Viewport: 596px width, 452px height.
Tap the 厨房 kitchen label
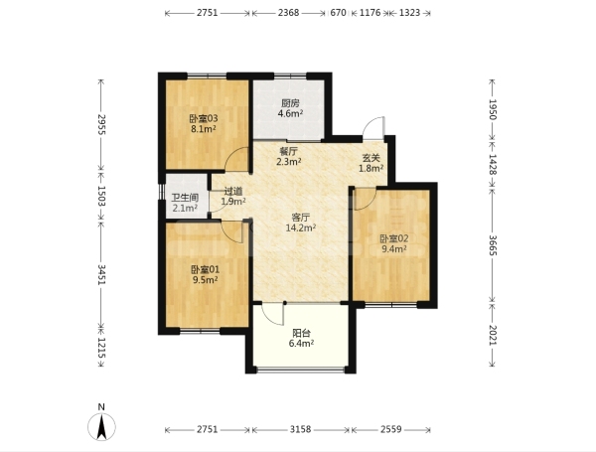[x=290, y=103]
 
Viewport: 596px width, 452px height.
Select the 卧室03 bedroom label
[x=204, y=118]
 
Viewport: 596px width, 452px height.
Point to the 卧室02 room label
[x=394, y=238]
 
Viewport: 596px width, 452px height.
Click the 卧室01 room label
[x=206, y=270]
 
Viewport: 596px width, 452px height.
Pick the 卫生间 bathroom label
[x=185, y=198]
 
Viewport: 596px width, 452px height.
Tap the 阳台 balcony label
[x=301, y=334]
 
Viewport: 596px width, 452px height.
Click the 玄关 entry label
[x=371, y=158]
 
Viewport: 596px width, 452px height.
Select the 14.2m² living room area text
[x=301, y=228]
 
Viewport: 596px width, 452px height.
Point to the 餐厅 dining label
[x=289, y=151]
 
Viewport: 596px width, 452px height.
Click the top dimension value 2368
[x=288, y=13]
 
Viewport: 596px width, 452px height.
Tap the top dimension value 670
[x=339, y=13]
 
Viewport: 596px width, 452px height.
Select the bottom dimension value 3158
[x=300, y=429]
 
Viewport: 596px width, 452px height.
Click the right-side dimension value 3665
[x=493, y=245]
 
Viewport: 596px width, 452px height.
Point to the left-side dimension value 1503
[x=101, y=196]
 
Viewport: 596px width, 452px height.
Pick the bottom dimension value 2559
[x=391, y=429]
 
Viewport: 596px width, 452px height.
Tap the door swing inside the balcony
[x=273, y=314]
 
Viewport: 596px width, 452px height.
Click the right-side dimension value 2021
[x=493, y=336]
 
